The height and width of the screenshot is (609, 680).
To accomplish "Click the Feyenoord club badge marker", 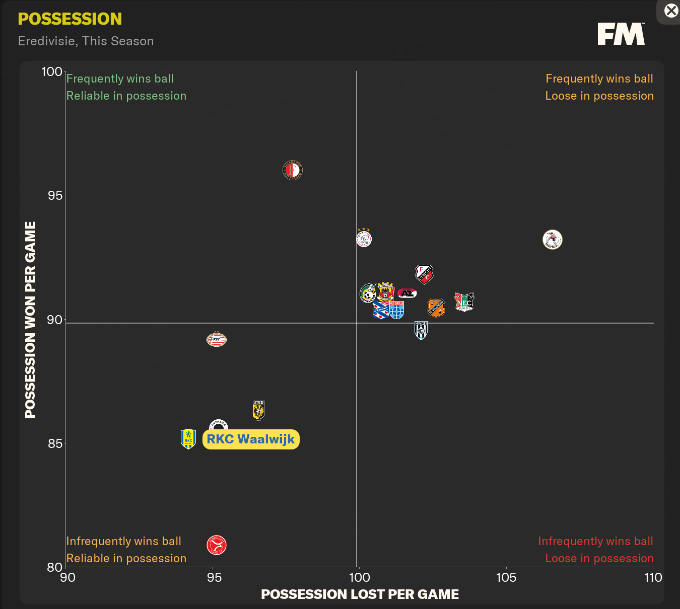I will [x=292, y=171].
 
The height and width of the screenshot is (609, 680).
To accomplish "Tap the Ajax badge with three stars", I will [x=364, y=238].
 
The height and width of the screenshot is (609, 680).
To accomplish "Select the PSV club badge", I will [x=217, y=340].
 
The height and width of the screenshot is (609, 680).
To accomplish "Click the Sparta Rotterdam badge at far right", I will [x=553, y=240].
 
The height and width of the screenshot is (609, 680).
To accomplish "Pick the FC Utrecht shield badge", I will [x=424, y=274].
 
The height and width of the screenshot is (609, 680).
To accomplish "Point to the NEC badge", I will [x=464, y=302].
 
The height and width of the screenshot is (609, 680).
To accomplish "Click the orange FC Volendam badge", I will [x=436, y=308].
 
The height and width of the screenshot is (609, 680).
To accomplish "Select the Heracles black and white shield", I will [x=421, y=330].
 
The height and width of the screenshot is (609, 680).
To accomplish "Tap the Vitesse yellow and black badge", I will [x=258, y=410].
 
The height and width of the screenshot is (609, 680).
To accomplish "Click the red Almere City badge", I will [x=217, y=545].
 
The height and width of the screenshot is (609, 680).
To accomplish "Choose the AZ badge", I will [x=406, y=293].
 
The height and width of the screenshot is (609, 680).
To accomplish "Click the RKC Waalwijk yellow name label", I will [x=251, y=439].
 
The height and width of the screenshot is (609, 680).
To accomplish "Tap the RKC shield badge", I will [x=188, y=439].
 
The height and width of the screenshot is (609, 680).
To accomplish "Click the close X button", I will [x=671, y=11].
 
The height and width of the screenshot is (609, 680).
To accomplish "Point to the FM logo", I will [x=621, y=34].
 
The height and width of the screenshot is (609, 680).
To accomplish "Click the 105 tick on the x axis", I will [x=506, y=577].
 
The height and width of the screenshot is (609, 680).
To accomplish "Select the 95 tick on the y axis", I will [x=55, y=195].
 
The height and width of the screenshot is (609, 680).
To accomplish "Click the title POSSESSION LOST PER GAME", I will [x=360, y=594].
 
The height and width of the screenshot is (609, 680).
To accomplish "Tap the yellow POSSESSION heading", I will [x=70, y=19].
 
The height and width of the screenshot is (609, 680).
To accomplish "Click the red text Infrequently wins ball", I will [x=595, y=541].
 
